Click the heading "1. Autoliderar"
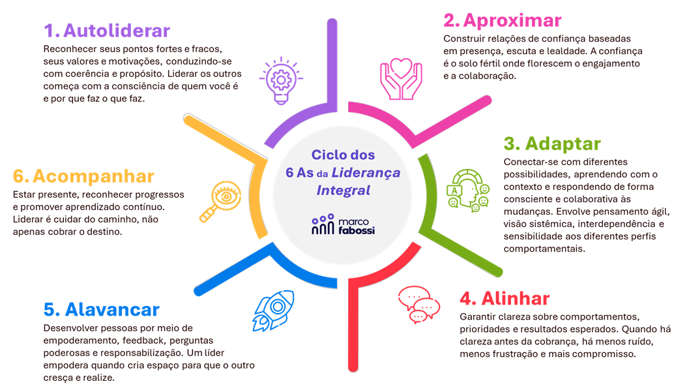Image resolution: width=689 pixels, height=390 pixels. (107, 31)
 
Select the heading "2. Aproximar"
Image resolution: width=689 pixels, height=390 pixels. (502, 20)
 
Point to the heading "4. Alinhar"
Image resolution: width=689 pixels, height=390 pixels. (505, 299)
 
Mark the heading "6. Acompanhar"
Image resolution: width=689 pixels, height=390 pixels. (83, 176)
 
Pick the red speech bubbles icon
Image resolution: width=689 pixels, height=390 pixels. (418, 304)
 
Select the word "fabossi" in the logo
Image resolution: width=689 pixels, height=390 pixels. (357, 230)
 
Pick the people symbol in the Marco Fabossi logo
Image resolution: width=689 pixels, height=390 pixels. (322, 224)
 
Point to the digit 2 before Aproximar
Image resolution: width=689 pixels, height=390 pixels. (450, 20)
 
